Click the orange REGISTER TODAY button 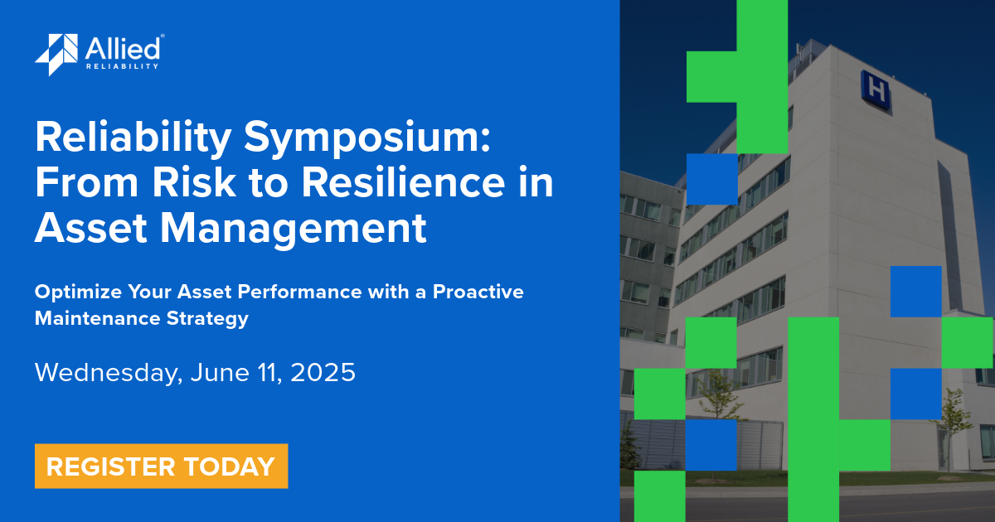point(161,466)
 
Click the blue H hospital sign point(876,88)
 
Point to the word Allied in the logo point(124,48)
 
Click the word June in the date point(218,373)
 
